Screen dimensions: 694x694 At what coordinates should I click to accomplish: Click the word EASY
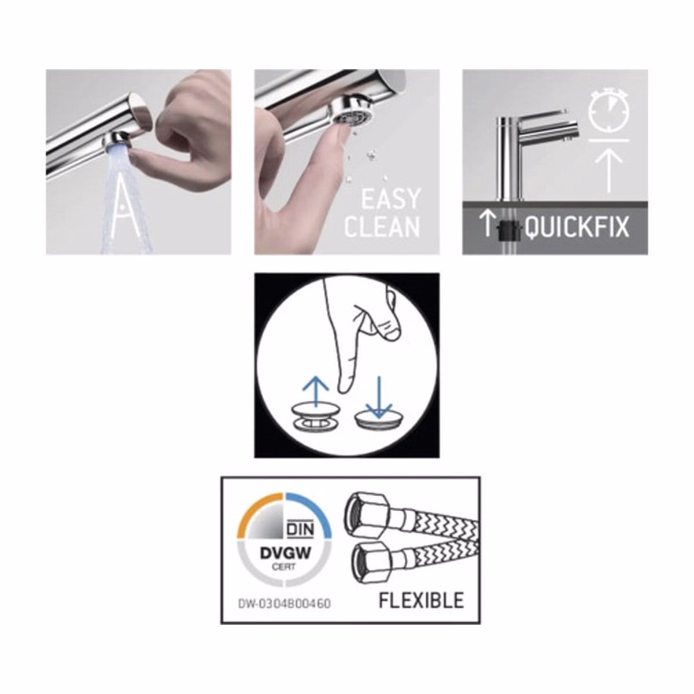pyautogui.click(x=391, y=198)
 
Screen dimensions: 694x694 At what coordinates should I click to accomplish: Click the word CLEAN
pyautogui.click(x=382, y=226)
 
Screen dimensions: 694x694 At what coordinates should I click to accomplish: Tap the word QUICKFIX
pyautogui.click(x=577, y=227)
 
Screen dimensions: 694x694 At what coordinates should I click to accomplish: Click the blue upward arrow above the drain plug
pyautogui.click(x=316, y=391)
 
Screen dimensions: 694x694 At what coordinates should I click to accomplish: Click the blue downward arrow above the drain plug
pyautogui.click(x=378, y=397)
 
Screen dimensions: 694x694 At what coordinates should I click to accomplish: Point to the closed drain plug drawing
pyautogui.click(x=378, y=420)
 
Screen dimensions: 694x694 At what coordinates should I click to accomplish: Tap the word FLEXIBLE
pyautogui.click(x=421, y=600)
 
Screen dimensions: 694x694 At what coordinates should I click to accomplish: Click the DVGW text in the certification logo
pyautogui.click(x=285, y=553)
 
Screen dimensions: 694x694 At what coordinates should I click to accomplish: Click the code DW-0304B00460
pyautogui.click(x=284, y=604)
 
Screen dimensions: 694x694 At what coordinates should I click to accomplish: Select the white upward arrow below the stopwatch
pyautogui.click(x=608, y=171)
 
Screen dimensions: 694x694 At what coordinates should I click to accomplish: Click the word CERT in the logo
pyautogui.click(x=285, y=567)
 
